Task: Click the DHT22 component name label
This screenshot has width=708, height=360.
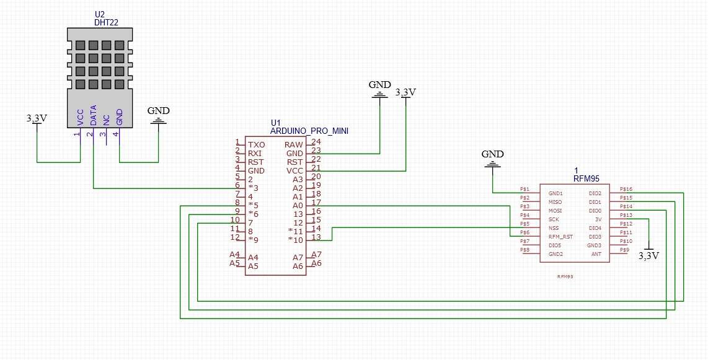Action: pos(106,22)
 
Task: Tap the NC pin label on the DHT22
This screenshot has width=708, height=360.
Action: pos(107,119)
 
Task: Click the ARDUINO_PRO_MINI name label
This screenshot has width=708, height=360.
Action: pos(309,131)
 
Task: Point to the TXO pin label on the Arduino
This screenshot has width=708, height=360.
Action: pos(256,144)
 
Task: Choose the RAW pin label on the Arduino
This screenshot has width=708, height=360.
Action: pos(294,144)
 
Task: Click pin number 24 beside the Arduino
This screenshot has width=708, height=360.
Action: pos(316,143)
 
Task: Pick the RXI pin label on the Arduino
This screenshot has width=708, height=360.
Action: pos(255,153)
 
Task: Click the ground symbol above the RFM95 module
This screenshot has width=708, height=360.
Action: pos(493,164)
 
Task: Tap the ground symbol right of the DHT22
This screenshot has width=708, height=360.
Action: pos(158,121)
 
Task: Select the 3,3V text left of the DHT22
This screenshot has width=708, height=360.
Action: pos(37,118)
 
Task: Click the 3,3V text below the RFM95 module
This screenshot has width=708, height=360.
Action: pos(648,255)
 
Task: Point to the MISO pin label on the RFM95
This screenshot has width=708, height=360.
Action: pos(555,202)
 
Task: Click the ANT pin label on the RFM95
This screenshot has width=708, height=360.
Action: pos(596,254)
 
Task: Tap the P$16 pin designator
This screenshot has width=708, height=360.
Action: pos(626,189)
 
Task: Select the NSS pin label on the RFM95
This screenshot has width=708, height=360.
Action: pos(554,228)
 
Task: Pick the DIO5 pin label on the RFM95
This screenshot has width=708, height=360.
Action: pos(555,245)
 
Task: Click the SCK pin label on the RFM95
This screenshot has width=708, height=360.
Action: pos(554,219)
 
